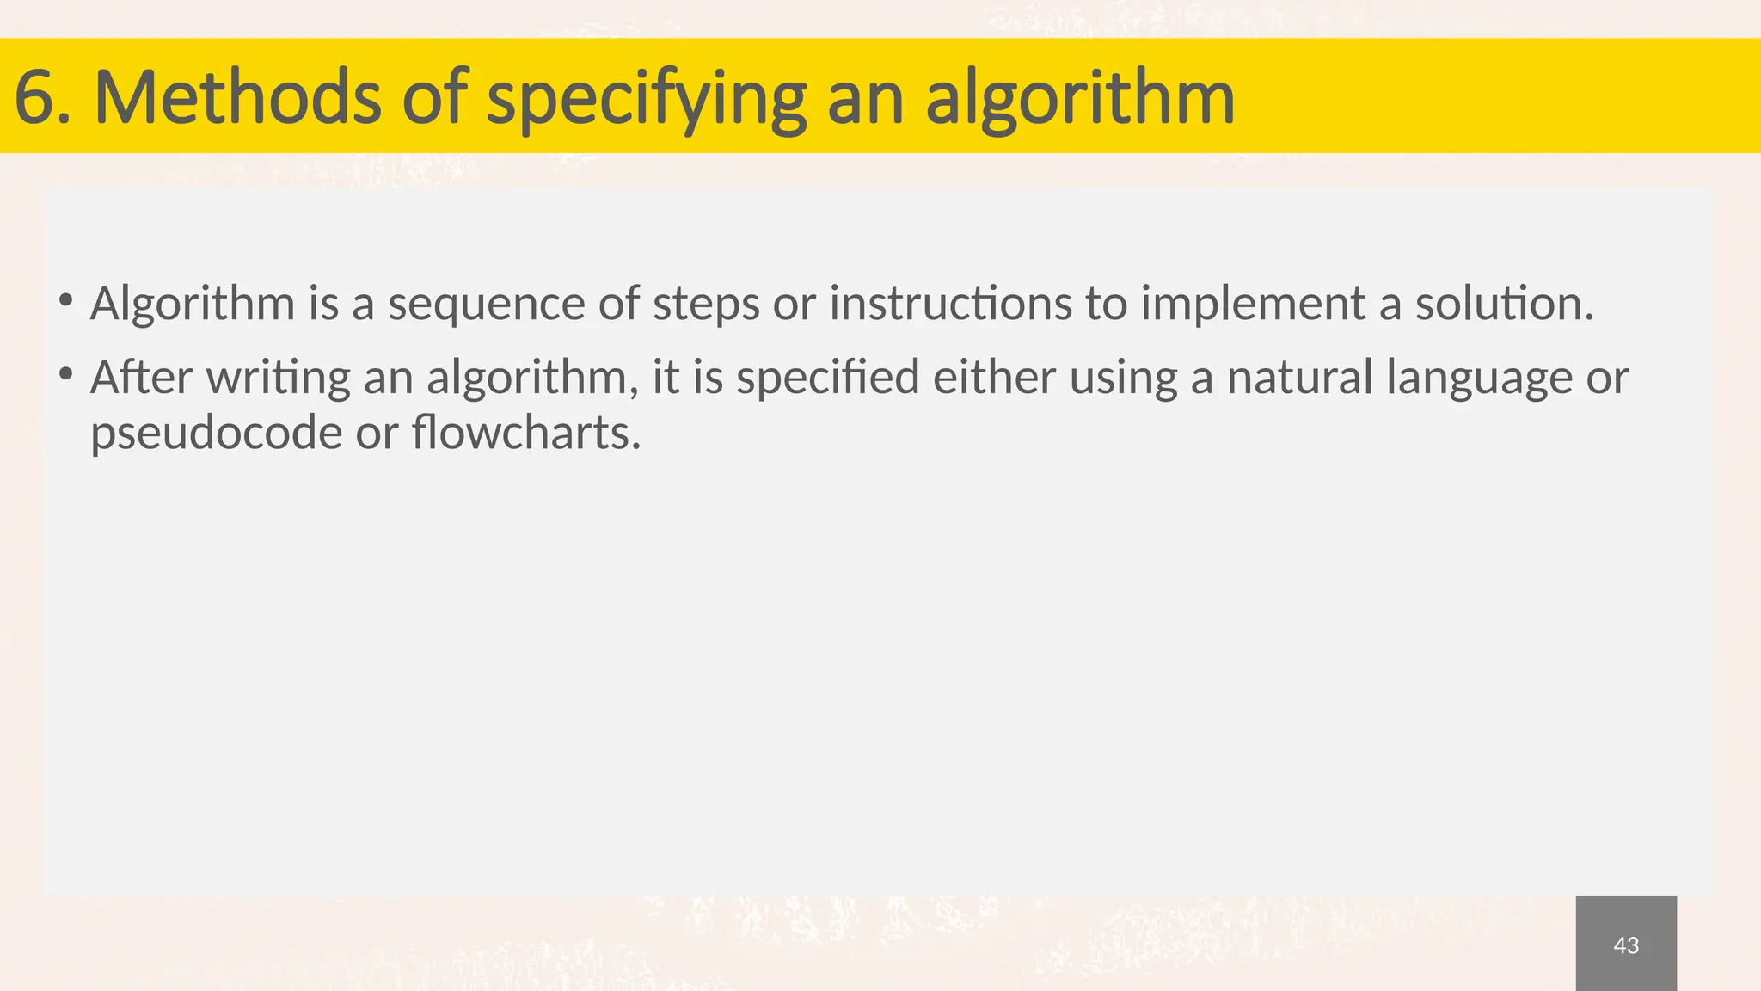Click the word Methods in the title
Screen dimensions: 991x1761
tap(237, 97)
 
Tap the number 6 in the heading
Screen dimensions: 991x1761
tap(33, 97)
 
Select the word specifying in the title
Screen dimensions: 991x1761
tap(646, 99)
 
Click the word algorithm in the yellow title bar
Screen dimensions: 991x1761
tap(1079, 99)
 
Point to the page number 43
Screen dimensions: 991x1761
tap(1626, 945)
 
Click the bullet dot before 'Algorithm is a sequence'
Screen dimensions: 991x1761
tap(65, 301)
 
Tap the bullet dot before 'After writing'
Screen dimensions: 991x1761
tap(65, 375)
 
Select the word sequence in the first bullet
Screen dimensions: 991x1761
tap(487, 305)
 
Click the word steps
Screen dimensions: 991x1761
tap(706, 305)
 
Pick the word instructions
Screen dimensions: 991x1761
tap(950, 303)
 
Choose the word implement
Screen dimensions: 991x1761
tap(1253, 305)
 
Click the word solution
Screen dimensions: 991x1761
tap(1504, 303)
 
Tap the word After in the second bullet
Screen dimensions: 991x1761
tap(141, 377)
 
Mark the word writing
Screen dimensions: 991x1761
tap(278, 379)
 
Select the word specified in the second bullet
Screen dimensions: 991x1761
tap(828, 379)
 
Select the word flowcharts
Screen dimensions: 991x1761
tap(525, 432)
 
